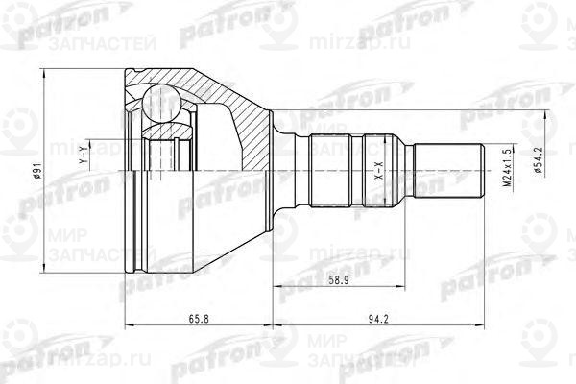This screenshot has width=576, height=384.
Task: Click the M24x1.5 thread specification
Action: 503,169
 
